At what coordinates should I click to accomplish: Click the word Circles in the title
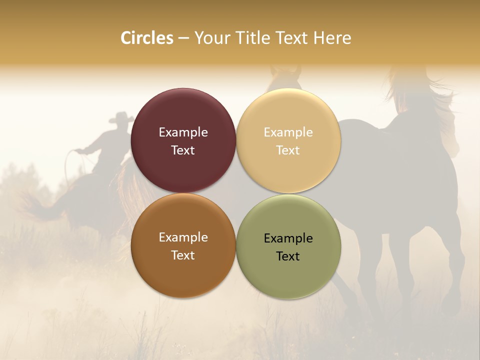point(147,38)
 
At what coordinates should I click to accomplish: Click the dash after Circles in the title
point(183,38)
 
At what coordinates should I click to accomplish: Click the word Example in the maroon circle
point(183,132)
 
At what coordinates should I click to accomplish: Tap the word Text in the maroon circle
point(183,150)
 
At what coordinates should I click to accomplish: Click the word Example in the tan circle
point(288,132)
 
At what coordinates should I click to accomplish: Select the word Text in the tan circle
point(288,150)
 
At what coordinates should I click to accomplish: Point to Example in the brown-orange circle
point(183,237)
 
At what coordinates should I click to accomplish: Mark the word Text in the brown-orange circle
point(183,255)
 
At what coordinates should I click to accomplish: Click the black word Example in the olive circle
point(288,238)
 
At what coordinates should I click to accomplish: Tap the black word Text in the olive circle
point(288,256)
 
